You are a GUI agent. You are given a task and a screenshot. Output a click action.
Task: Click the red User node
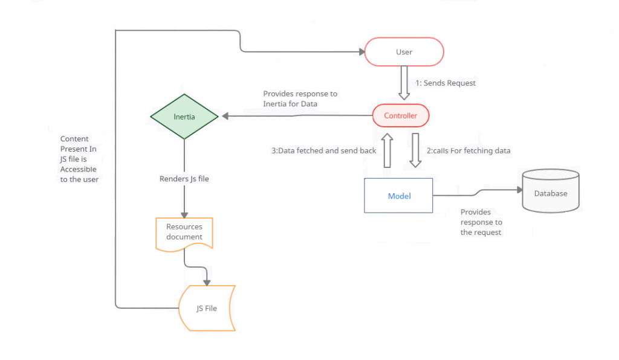pyautogui.click(x=404, y=52)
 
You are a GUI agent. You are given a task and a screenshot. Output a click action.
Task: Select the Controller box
pyautogui.click(x=401, y=115)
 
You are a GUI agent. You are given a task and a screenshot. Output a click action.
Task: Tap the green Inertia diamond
pyautogui.click(x=184, y=117)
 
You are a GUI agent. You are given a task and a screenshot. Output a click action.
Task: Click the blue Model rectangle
pyautogui.click(x=398, y=196)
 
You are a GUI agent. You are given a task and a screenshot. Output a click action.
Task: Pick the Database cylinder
pyautogui.click(x=551, y=191)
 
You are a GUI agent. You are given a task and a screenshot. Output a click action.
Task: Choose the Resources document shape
pyautogui.click(x=184, y=234)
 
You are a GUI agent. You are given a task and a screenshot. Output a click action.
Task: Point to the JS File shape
pyautogui.click(x=207, y=308)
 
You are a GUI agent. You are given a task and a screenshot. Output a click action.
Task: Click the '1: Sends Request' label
pyautogui.click(x=446, y=83)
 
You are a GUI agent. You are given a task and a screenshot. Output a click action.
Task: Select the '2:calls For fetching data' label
pyautogui.click(x=468, y=150)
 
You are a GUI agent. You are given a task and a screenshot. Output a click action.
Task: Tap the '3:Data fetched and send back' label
pyautogui.click(x=324, y=150)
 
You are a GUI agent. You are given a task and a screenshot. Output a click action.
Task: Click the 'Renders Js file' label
pyautogui.click(x=184, y=179)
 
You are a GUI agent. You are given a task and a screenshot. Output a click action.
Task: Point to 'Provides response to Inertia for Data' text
pyautogui.click(x=300, y=98)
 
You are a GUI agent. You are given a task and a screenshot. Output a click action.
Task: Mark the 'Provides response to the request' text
pyautogui.click(x=481, y=222)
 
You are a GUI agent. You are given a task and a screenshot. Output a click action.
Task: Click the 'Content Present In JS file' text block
pyautogui.click(x=79, y=159)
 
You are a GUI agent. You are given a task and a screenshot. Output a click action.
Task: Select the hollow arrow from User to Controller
pyautogui.click(x=404, y=83)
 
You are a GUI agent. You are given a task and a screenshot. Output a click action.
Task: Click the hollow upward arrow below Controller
pyautogui.click(x=387, y=150)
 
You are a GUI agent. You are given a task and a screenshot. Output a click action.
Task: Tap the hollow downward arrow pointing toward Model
pyautogui.click(x=415, y=150)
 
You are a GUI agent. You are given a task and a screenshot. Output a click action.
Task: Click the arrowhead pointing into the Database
pyautogui.click(x=519, y=190)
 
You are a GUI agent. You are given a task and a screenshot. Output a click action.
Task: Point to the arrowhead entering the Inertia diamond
pyautogui.click(x=225, y=116)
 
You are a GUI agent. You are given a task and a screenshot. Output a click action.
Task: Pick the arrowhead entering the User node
pyautogui.click(x=361, y=52)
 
